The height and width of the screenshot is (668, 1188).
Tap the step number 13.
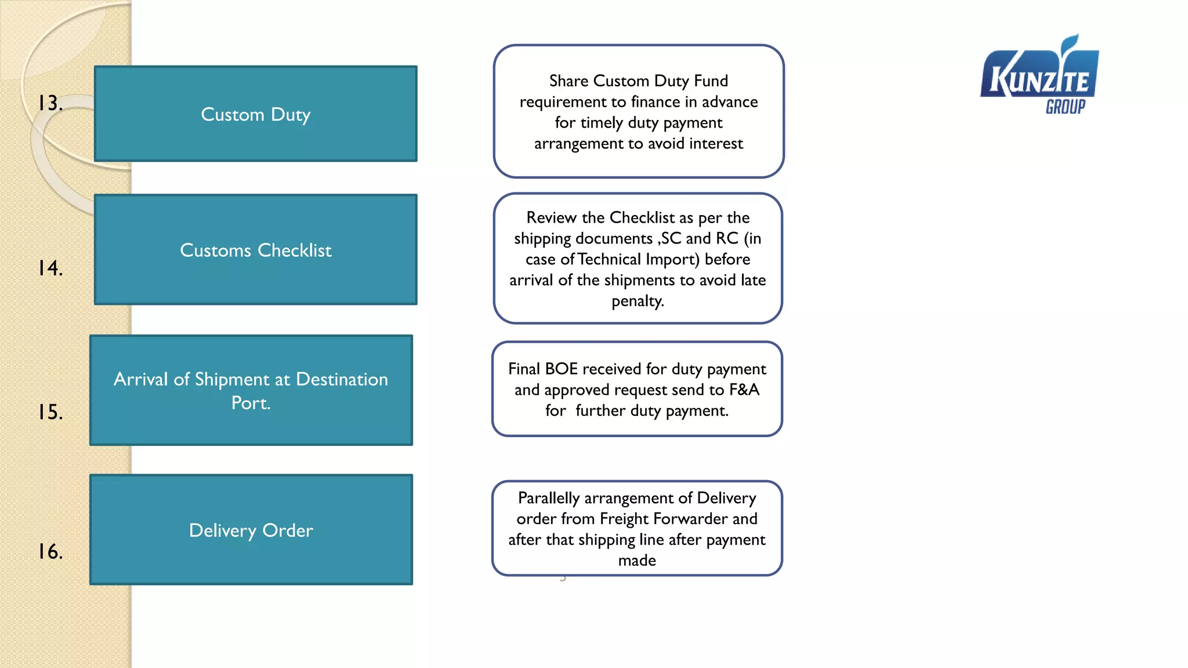[50, 103]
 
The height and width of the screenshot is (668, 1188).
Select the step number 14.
[50, 268]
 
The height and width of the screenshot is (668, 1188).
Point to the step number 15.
[50, 412]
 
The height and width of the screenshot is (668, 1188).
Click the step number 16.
[50, 551]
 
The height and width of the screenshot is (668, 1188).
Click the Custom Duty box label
[255, 115]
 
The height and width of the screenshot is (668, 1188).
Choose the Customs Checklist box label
[255, 251]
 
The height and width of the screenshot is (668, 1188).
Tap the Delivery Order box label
[251, 531]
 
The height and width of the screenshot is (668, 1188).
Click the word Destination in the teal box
[342, 379]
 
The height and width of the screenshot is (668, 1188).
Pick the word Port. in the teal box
[251, 403]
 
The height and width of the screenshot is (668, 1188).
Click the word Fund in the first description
[711, 81]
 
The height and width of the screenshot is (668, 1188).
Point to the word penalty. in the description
[638, 301]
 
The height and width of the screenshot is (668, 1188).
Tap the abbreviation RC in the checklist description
[727, 238]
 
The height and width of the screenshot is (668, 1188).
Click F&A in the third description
[744, 390]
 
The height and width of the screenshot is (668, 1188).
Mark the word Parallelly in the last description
[548, 498]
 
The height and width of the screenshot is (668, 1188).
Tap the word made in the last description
[637, 561]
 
